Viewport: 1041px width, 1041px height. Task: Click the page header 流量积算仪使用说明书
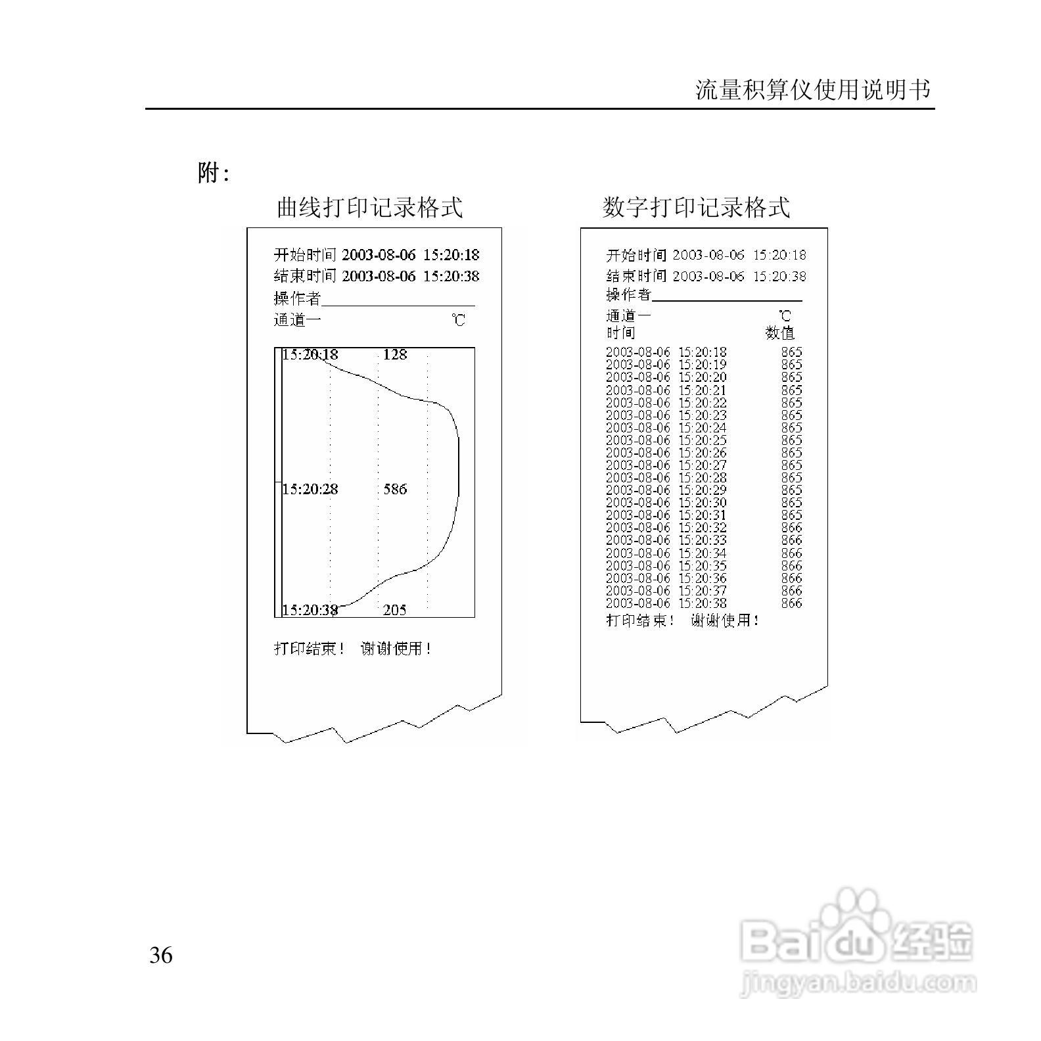pos(813,90)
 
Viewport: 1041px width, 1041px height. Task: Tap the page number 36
pos(161,955)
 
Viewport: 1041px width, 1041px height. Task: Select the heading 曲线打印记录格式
pos(369,207)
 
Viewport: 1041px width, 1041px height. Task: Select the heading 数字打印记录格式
pos(696,207)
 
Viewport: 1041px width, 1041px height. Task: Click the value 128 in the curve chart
pos(395,355)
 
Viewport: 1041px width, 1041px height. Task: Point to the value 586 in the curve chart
pos(395,489)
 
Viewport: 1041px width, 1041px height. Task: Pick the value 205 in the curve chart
pos(394,610)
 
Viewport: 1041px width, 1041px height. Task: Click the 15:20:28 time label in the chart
pos(310,489)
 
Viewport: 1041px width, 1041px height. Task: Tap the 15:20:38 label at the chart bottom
pos(310,610)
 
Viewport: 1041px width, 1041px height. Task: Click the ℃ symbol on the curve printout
pos(458,320)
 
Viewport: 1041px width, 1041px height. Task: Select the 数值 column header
pos(780,333)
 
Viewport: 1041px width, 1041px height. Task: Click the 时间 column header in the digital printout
pos(620,333)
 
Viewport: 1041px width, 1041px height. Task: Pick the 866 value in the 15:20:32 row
pos(792,528)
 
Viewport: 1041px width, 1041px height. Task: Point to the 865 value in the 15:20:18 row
pos(792,352)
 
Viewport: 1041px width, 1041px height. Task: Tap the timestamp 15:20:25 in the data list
pos(703,440)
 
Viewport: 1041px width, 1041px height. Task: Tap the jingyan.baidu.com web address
pos(858,984)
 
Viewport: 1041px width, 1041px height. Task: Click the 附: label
pos(213,173)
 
